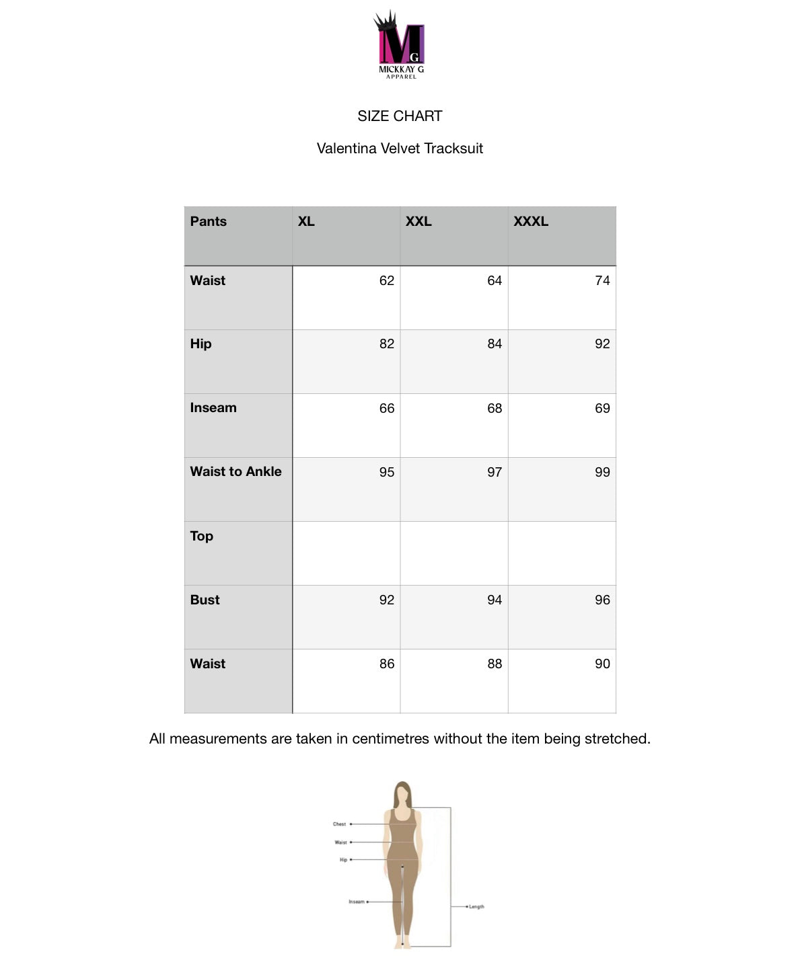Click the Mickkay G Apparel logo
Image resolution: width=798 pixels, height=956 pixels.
point(400,45)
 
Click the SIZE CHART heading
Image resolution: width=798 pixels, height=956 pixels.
point(400,116)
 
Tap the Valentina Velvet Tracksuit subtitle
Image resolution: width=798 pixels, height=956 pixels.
point(400,149)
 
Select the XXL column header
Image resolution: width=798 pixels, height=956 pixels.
point(419,221)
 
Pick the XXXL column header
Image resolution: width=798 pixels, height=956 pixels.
point(531,221)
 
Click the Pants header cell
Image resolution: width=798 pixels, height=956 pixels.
point(209,221)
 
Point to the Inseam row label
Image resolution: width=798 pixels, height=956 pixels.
point(213,407)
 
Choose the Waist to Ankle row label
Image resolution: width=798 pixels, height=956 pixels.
point(235,471)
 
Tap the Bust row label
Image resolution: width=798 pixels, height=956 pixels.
point(205,600)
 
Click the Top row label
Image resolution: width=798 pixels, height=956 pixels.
point(201,536)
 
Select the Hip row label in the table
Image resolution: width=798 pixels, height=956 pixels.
point(201,344)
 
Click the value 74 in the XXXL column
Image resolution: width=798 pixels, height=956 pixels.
point(602,280)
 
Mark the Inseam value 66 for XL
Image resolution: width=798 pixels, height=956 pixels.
point(387,408)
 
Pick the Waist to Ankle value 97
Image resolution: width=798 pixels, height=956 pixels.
point(495,472)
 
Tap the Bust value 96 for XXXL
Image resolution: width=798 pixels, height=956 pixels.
point(602,600)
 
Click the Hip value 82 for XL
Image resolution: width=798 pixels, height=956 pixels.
point(387,344)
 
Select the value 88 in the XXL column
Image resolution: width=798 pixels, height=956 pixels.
point(495,664)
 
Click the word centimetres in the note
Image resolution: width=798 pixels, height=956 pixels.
point(390,739)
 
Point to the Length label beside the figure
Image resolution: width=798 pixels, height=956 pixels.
point(476,907)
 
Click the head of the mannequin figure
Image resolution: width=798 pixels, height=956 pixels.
point(402,793)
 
